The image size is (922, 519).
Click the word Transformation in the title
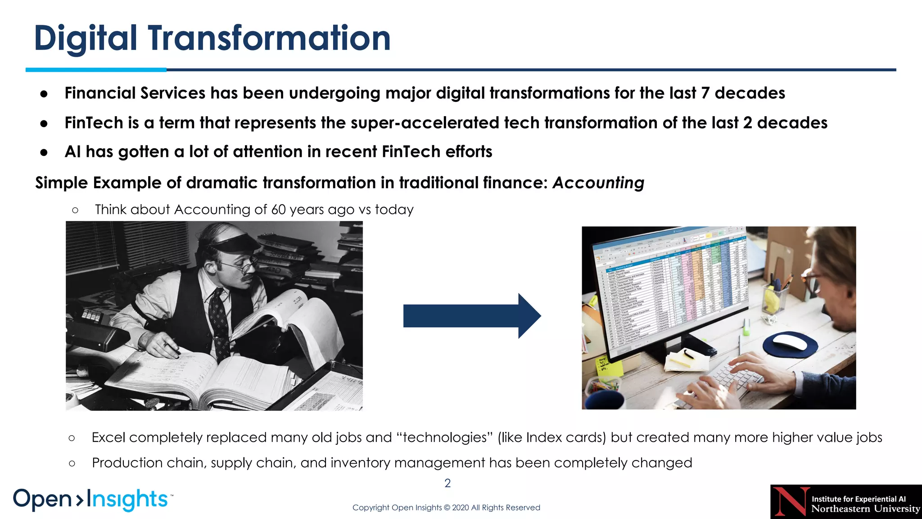[269, 38]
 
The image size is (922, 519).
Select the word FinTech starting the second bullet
[94, 123]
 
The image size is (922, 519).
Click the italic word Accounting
[598, 183]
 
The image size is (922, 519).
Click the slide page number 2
[447, 483]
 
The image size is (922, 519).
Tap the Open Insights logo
[92, 499]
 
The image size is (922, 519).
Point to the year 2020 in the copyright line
[460, 508]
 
